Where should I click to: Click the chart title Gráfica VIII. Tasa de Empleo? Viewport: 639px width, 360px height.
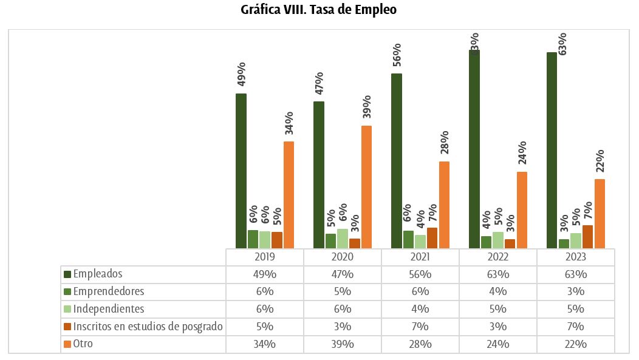click(x=319, y=10)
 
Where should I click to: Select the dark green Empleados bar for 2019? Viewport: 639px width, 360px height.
click(x=241, y=170)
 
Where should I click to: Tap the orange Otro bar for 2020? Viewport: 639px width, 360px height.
click(x=366, y=186)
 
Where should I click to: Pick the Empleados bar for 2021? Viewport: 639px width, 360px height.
click(x=397, y=160)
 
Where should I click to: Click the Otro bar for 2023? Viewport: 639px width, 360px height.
click(x=600, y=213)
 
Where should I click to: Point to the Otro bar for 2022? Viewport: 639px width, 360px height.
click(x=522, y=209)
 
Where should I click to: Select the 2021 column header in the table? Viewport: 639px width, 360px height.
click(x=420, y=257)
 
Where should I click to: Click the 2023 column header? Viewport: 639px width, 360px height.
click(x=575, y=257)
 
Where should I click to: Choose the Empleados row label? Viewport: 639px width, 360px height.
click(x=98, y=274)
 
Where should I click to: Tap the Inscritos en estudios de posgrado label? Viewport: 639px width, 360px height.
click(x=148, y=327)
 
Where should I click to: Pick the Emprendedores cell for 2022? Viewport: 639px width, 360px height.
click(x=497, y=291)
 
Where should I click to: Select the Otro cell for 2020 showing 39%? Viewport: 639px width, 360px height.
click(x=342, y=344)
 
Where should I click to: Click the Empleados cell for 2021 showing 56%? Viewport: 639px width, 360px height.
click(x=420, y=274)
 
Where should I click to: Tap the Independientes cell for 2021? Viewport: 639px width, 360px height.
click(x=420, y=309)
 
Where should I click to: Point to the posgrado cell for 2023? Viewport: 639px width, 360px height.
click(x=575, y=327)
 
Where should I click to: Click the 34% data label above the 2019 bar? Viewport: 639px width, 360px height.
click(x=290, y=123)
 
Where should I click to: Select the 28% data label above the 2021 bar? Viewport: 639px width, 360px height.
click(x=445, y=143)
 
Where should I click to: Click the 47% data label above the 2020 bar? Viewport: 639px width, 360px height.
click(x=319, y=83)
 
